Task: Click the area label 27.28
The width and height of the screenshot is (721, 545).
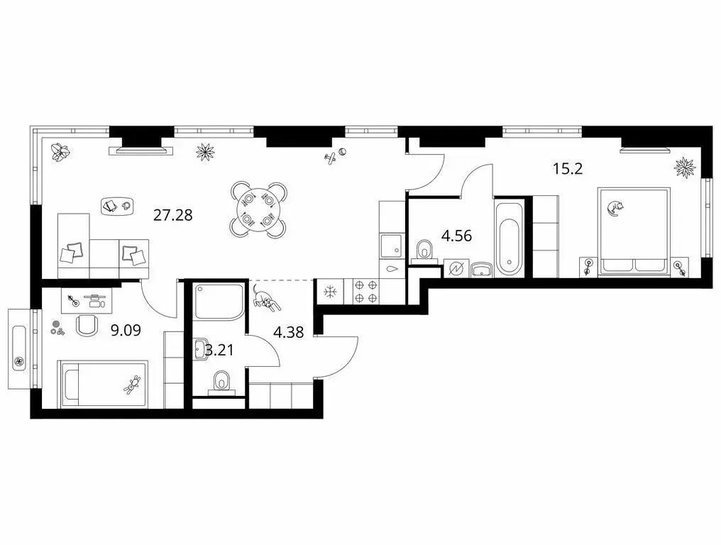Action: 172,215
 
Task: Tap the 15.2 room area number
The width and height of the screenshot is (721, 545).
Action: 568,169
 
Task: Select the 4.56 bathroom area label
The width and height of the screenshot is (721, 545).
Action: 456,236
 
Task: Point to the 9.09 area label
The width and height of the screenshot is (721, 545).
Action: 126,330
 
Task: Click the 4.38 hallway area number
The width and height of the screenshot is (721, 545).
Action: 288,332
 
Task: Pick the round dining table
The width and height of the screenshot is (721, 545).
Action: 258,210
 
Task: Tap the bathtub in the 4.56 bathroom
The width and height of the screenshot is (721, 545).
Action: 510,237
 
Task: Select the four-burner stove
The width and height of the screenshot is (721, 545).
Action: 365,291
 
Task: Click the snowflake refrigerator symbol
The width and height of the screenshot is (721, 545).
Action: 330,292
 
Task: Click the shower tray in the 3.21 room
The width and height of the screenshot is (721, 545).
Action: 219,302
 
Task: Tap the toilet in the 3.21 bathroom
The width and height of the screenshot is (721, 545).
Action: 221,382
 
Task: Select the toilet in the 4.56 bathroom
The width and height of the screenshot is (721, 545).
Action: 424,251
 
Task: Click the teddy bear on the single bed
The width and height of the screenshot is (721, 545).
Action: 133,385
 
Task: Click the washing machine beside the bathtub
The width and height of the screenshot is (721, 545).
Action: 456,268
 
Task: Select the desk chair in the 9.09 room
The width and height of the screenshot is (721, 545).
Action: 87,325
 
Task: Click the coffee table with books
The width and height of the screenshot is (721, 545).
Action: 117,205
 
